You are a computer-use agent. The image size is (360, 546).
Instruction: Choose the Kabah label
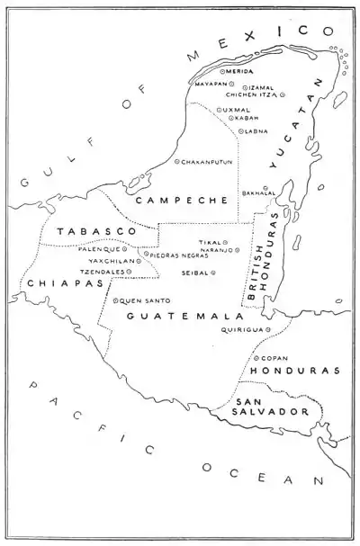247,118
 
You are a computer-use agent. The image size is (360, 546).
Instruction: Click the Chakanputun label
211,163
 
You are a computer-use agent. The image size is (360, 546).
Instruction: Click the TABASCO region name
86,232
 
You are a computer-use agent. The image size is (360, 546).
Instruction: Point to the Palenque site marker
124,248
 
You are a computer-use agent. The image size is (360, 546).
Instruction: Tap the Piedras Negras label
177,255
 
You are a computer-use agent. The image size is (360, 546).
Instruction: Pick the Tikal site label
209,243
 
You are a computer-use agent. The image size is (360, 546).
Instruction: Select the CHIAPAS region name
41,283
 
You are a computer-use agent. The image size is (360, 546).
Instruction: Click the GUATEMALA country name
184,318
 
